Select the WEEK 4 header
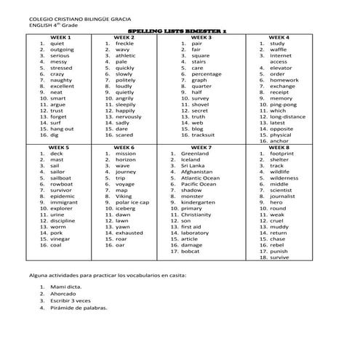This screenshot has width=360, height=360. pyautogui.click(x=279, y=37)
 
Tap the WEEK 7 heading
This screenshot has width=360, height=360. pyautogui.click(x=199, y=148)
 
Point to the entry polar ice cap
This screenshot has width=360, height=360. pyautogui.click(x=132, y=202)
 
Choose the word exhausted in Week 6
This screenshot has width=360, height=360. pyautogui.click(x=129, y=233)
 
